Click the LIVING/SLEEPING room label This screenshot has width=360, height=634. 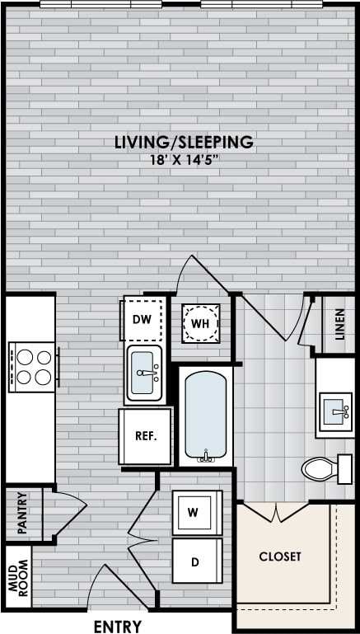[184, 142]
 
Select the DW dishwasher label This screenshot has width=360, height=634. [141, 319]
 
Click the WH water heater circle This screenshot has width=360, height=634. [201, 323]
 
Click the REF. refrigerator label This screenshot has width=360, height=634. [146, 435]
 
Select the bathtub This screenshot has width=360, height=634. [205, 417]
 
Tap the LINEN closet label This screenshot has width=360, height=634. [339, 325]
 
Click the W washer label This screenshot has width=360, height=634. [193, 512]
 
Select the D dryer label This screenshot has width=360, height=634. [194, 562]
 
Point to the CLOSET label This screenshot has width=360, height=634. [280, 557]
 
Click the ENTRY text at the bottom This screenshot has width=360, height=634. [118, 627]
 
